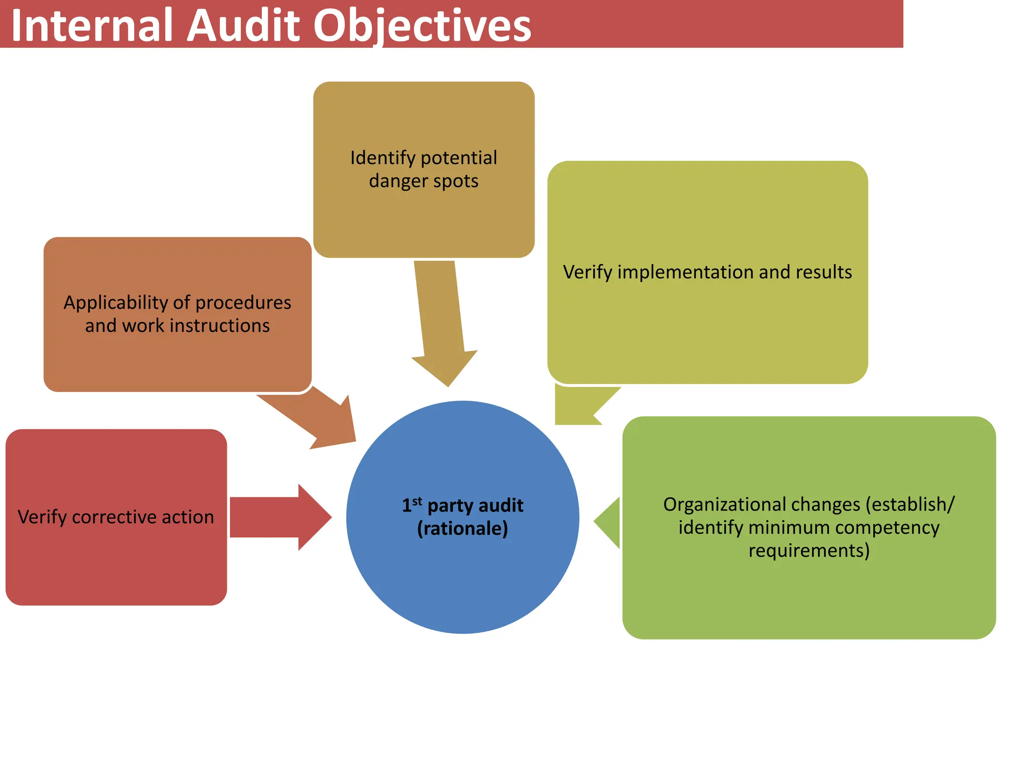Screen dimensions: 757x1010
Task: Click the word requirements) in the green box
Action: [809, 551]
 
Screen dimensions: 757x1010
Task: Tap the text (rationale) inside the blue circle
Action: [462, 529]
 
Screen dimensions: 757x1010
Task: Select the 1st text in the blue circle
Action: [412, 505]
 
